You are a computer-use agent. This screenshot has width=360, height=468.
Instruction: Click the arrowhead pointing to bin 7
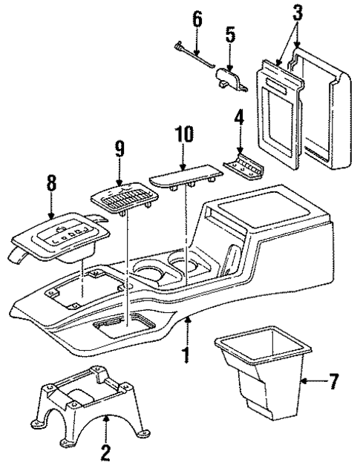pyautogui.click(x=304, y=382)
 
